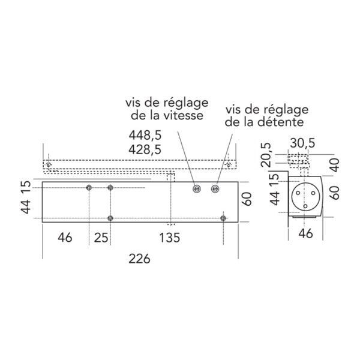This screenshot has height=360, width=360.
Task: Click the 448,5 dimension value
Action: [145, 135]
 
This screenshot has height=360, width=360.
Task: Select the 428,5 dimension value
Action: [145, 149]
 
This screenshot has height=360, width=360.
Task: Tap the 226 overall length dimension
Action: [139, 259]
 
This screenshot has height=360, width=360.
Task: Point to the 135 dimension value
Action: [169, 238]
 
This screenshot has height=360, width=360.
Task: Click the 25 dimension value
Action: [101, 238]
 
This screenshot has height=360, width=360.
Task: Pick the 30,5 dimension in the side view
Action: [302, 143]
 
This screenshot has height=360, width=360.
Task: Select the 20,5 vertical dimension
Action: [266, 155]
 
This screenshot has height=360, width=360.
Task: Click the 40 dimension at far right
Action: [335, 165]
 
